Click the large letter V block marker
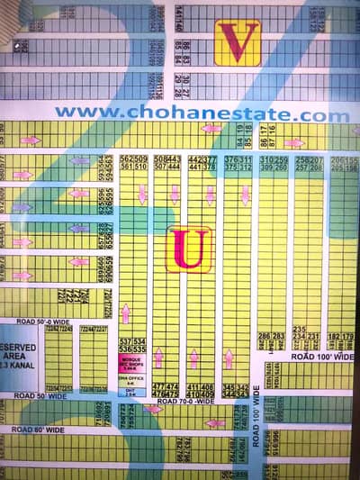point(238,42)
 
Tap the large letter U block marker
point(188,249)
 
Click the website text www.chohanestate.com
point(202,115)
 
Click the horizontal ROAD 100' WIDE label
point(322,357)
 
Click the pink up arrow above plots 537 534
point(125,313)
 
